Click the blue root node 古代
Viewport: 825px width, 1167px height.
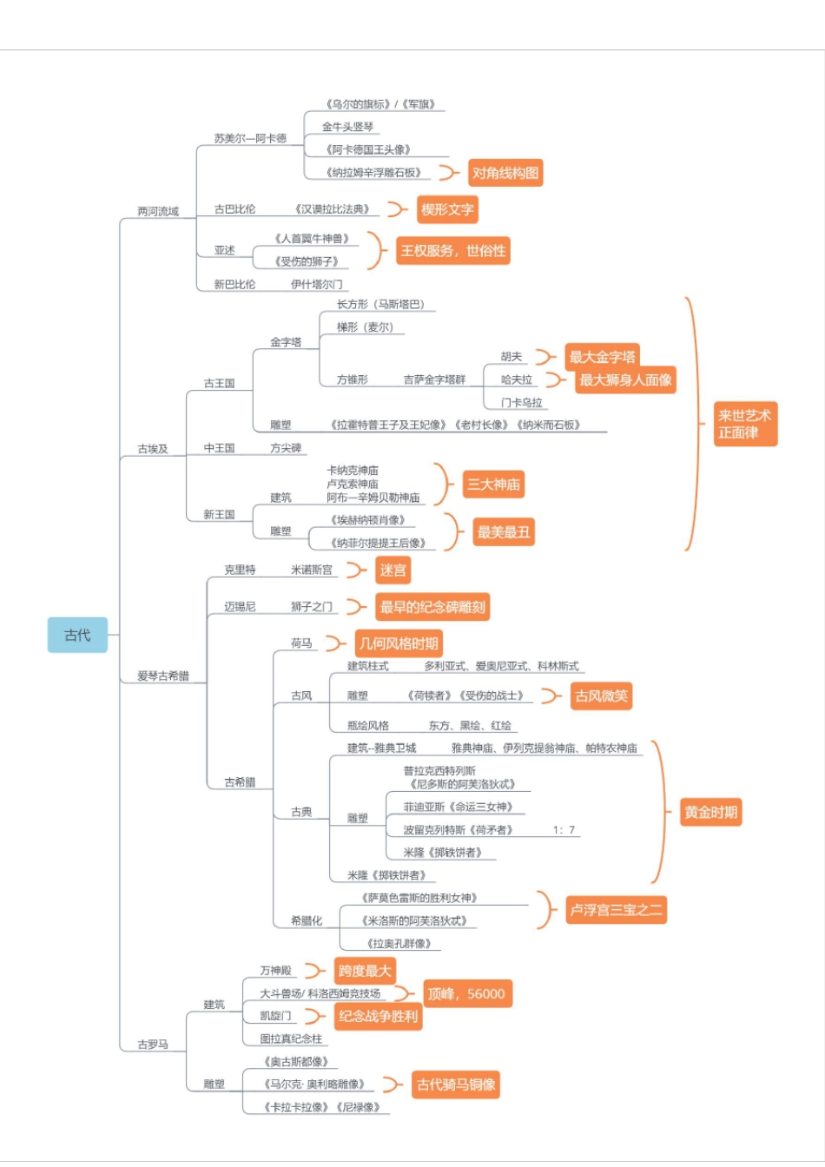77,635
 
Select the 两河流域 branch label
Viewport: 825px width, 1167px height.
157,211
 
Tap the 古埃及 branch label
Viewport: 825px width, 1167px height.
153,449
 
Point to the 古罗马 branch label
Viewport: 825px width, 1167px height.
153,1044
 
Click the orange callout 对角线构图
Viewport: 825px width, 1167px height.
505,173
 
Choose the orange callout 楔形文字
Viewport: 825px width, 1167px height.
447,209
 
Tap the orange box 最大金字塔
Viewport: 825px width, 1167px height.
602,357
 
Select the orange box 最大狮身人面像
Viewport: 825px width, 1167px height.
625,379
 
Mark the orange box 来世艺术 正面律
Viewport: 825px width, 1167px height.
744,424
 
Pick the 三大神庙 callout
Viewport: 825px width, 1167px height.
493,485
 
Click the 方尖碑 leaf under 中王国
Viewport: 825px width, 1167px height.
285,448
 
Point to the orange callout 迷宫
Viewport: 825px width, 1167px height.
393,570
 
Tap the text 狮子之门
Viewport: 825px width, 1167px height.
312,606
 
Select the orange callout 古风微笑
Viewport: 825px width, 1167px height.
601,696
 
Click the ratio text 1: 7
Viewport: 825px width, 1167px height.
564,830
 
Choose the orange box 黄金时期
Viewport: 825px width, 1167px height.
710,812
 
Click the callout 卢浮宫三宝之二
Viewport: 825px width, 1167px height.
616,910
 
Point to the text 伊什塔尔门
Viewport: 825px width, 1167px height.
316,284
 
